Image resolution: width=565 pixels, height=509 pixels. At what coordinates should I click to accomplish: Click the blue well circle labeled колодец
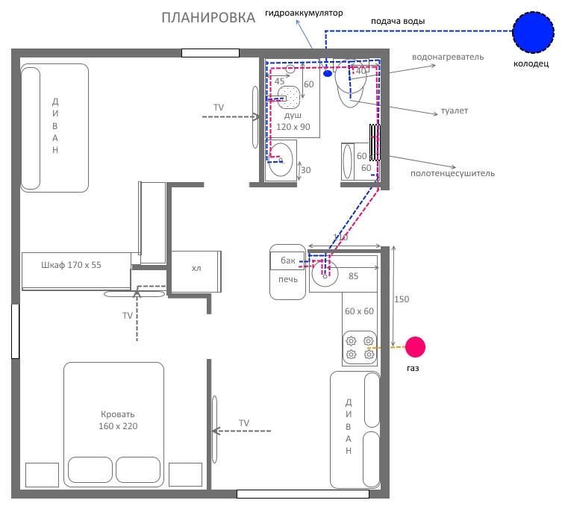(x=534, y=32)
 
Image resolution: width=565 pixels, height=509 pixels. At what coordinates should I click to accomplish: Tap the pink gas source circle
(x=415, y=347)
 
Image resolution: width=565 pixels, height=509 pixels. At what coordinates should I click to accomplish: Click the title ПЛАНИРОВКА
(x=208, y=18)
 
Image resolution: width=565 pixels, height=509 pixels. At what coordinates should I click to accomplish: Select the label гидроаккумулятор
(x=304, y=13)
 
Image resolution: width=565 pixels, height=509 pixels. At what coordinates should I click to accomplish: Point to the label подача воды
(x=398, y=21)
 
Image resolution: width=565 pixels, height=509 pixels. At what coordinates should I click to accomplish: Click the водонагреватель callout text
(x=448, y=57)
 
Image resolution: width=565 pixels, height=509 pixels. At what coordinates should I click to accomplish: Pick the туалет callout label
(x=455, y=110)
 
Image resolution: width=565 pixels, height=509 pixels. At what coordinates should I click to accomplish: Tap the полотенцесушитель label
(x=452, y=173)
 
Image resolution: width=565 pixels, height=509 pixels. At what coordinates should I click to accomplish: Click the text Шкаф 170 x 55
(x=71, y=265)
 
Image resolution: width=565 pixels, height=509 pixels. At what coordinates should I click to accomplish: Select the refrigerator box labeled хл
(x=196, y=271)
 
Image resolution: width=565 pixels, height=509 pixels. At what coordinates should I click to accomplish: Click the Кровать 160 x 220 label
(x=118, y=420)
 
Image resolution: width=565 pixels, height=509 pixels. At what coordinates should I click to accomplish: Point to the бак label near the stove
(x=288, y=260)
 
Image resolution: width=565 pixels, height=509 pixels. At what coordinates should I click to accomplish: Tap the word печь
(x=288, y=279)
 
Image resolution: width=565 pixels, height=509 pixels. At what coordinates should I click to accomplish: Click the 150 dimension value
(x=402, y=299)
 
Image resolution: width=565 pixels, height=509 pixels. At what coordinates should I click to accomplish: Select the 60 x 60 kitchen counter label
(x=359, y=311)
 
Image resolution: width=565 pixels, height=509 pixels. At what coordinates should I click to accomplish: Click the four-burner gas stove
(x=359, y=348)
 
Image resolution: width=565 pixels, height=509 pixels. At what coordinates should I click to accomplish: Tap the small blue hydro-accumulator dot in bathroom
(x=327, y=73)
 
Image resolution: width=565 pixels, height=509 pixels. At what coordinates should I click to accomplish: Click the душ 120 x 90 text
(x=293, y=121)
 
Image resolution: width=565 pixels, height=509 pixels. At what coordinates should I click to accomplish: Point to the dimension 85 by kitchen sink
(x=353, y=276)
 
